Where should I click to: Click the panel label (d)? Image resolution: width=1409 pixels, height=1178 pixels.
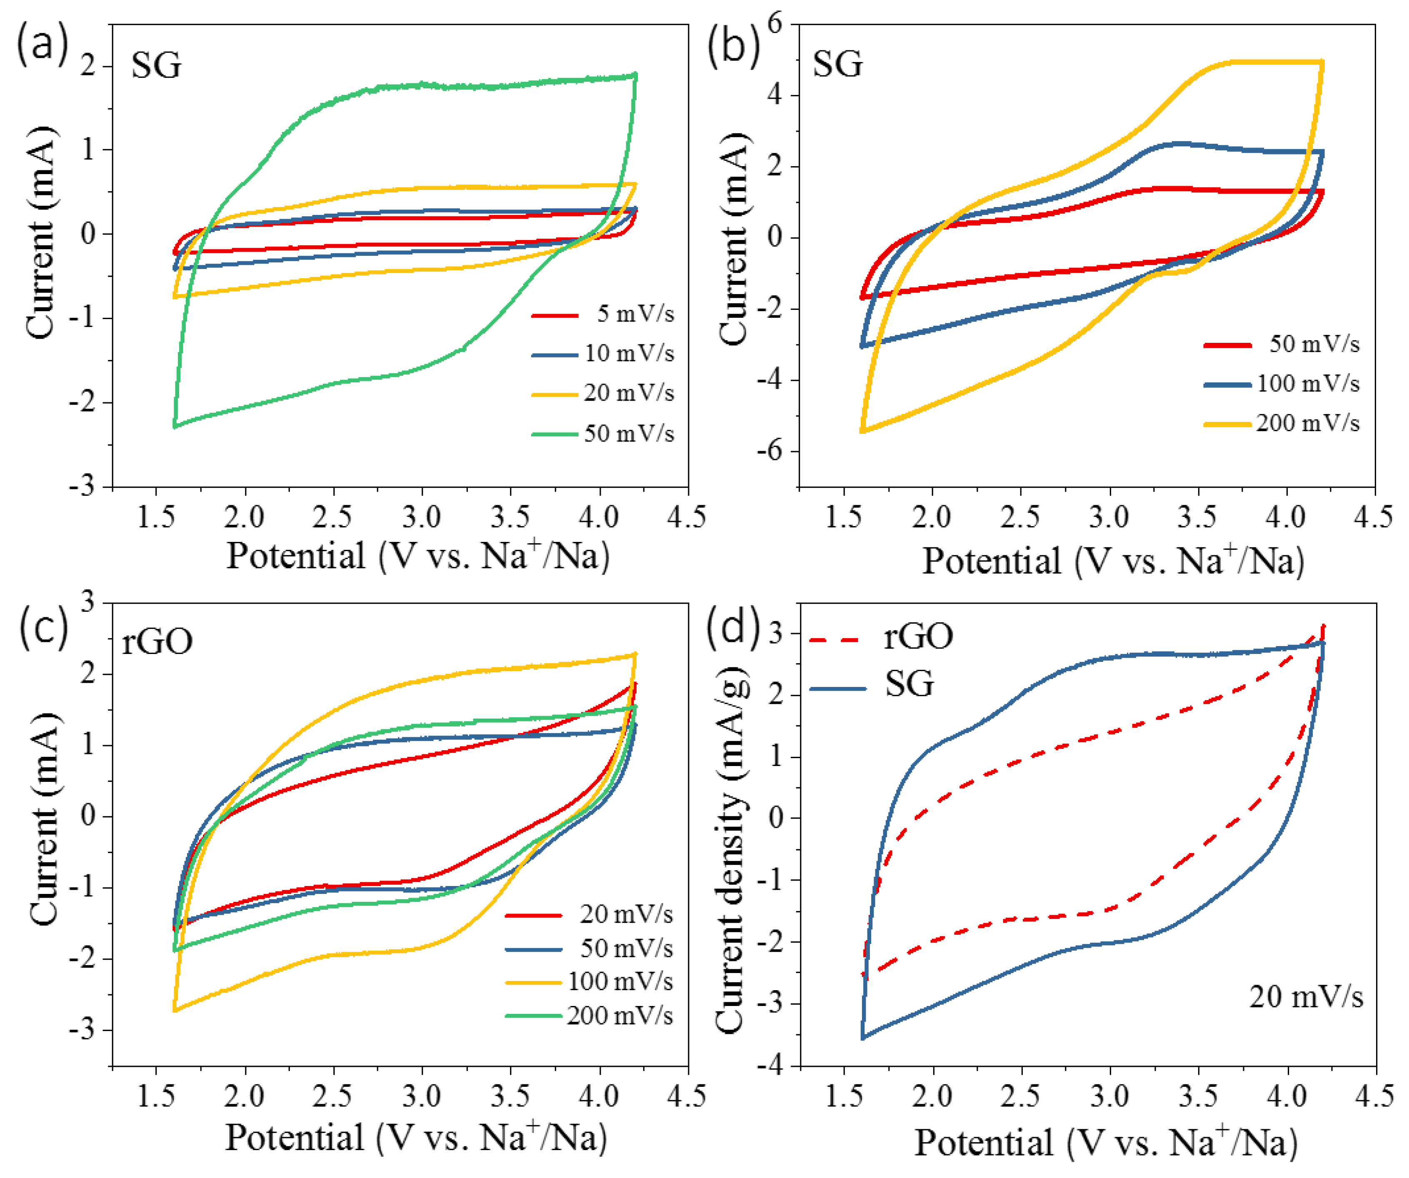click(x=733, y=624)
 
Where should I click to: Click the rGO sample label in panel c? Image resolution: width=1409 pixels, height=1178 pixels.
click(x=157, y=641)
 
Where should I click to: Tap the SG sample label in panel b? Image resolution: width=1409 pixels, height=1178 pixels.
click(x=837, y=65)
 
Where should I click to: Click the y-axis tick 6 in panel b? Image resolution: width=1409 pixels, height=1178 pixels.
click(x=776, y=24)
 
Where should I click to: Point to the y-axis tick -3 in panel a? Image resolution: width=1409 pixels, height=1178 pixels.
click(x=83, y=487)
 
